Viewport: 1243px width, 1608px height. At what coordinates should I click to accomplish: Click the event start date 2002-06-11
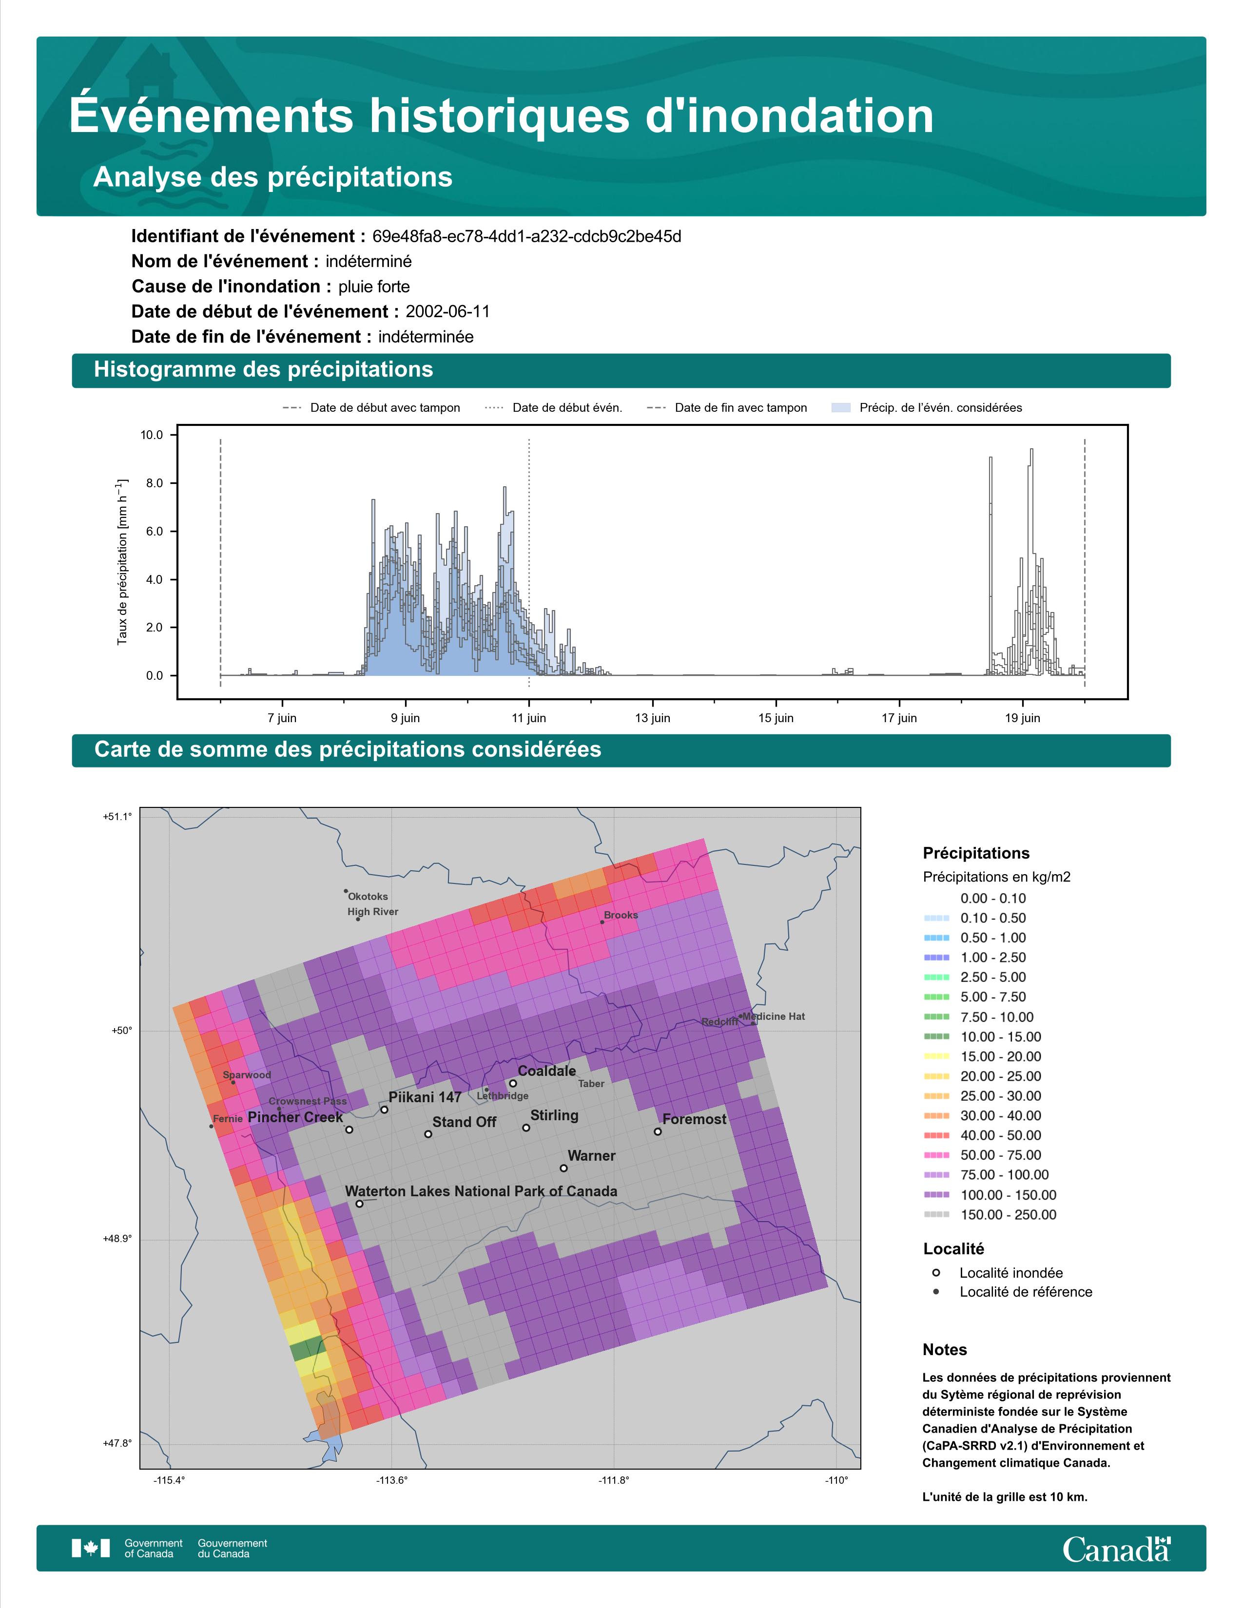coord(447,311)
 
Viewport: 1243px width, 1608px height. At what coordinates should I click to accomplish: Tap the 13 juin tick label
coord(652,718)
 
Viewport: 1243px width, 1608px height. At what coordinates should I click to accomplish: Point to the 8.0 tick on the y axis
coord(152,483)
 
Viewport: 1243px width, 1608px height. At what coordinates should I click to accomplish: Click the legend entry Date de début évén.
coord(554,408)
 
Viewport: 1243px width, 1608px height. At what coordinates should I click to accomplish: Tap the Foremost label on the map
coord(694,1119)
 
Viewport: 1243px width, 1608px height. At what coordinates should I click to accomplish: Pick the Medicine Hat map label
coord(774,1017)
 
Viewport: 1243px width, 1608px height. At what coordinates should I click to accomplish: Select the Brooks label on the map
coord(621,915)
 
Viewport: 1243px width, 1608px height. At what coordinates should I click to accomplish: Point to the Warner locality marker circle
coord(564,1168)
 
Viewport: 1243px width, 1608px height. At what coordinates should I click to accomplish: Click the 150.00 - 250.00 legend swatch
coord(936,1215)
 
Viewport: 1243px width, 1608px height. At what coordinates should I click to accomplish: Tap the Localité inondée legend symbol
coord(936,1272)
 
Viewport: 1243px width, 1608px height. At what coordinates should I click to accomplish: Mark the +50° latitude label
coord(121,1031)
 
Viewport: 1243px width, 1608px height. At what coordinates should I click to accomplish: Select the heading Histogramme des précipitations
coord(264,370)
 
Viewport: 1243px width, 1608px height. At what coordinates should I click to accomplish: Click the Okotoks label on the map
coord(368,897)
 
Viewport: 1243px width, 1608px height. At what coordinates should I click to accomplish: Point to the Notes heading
coord(945,1350)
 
